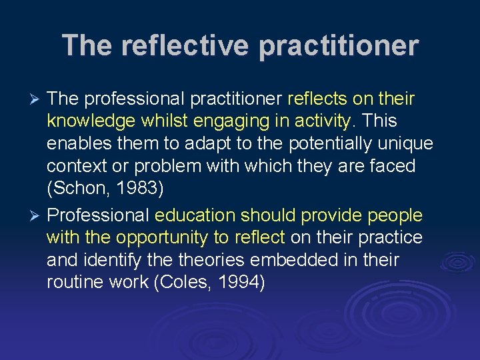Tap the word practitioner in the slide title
338,46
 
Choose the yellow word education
195,215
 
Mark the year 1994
239,282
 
